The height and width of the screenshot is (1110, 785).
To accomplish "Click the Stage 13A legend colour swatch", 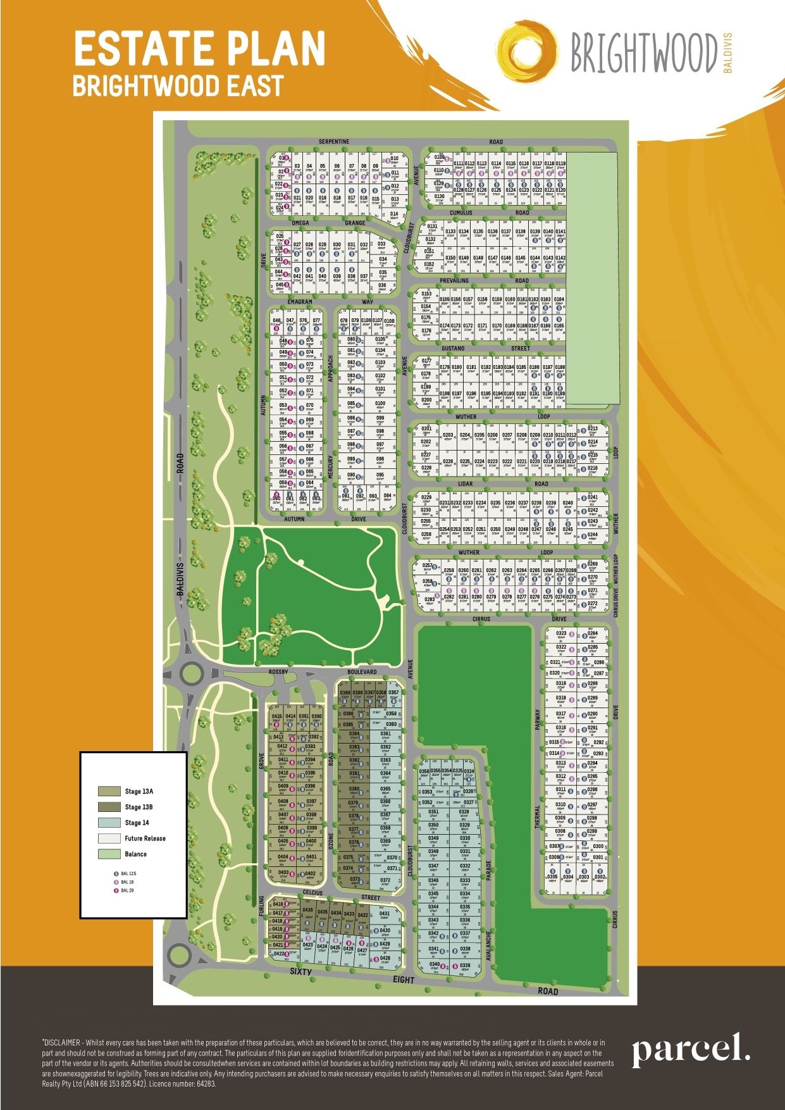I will pyautogui.click(x=109, y=791).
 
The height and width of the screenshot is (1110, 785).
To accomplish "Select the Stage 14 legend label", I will pyautogui.click(x=137, y=823).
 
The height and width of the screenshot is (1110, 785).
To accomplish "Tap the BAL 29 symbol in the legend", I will pyautogui.click(x=116, y=890).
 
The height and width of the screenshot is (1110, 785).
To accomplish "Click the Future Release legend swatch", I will pyautogui.click(x=109, y=838).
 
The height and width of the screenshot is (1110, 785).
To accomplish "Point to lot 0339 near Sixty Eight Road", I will pyautogui.click(x=465, y=966).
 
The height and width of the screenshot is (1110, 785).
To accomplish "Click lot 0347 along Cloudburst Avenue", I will pyautogui.click(x=433, y=867).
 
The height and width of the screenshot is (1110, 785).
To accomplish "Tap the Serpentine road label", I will pyautogui.click(x=334, y=142).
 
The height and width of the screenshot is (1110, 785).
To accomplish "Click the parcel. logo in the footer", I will pyautogui.click(x=690, y=1051).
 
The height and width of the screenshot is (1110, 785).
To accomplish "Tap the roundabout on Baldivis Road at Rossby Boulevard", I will pyautogui.click(x=190, y=673).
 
